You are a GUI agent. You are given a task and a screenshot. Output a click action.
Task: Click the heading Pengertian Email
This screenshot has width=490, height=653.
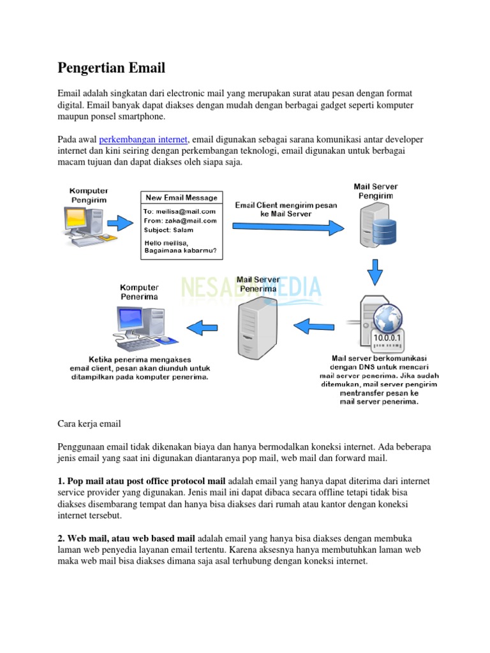111,68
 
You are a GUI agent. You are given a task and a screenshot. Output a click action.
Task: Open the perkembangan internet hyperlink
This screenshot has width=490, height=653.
144,139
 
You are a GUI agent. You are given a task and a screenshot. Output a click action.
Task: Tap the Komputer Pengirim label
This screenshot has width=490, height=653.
89,195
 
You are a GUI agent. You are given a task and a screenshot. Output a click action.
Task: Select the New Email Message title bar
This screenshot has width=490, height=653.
182,198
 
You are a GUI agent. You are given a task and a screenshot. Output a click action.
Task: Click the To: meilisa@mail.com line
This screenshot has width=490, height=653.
179,211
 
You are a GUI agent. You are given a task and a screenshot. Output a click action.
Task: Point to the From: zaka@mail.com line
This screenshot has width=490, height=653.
179,221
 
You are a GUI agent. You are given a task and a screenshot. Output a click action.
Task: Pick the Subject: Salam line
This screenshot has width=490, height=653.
168,230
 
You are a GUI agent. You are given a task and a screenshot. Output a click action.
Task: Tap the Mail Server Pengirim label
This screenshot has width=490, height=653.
376,191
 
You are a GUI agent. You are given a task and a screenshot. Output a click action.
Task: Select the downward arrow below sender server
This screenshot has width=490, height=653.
376,274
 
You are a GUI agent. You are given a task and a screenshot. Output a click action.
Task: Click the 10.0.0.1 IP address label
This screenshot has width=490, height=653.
388,337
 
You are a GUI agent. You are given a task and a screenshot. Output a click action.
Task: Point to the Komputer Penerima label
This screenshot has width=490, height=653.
140,292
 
